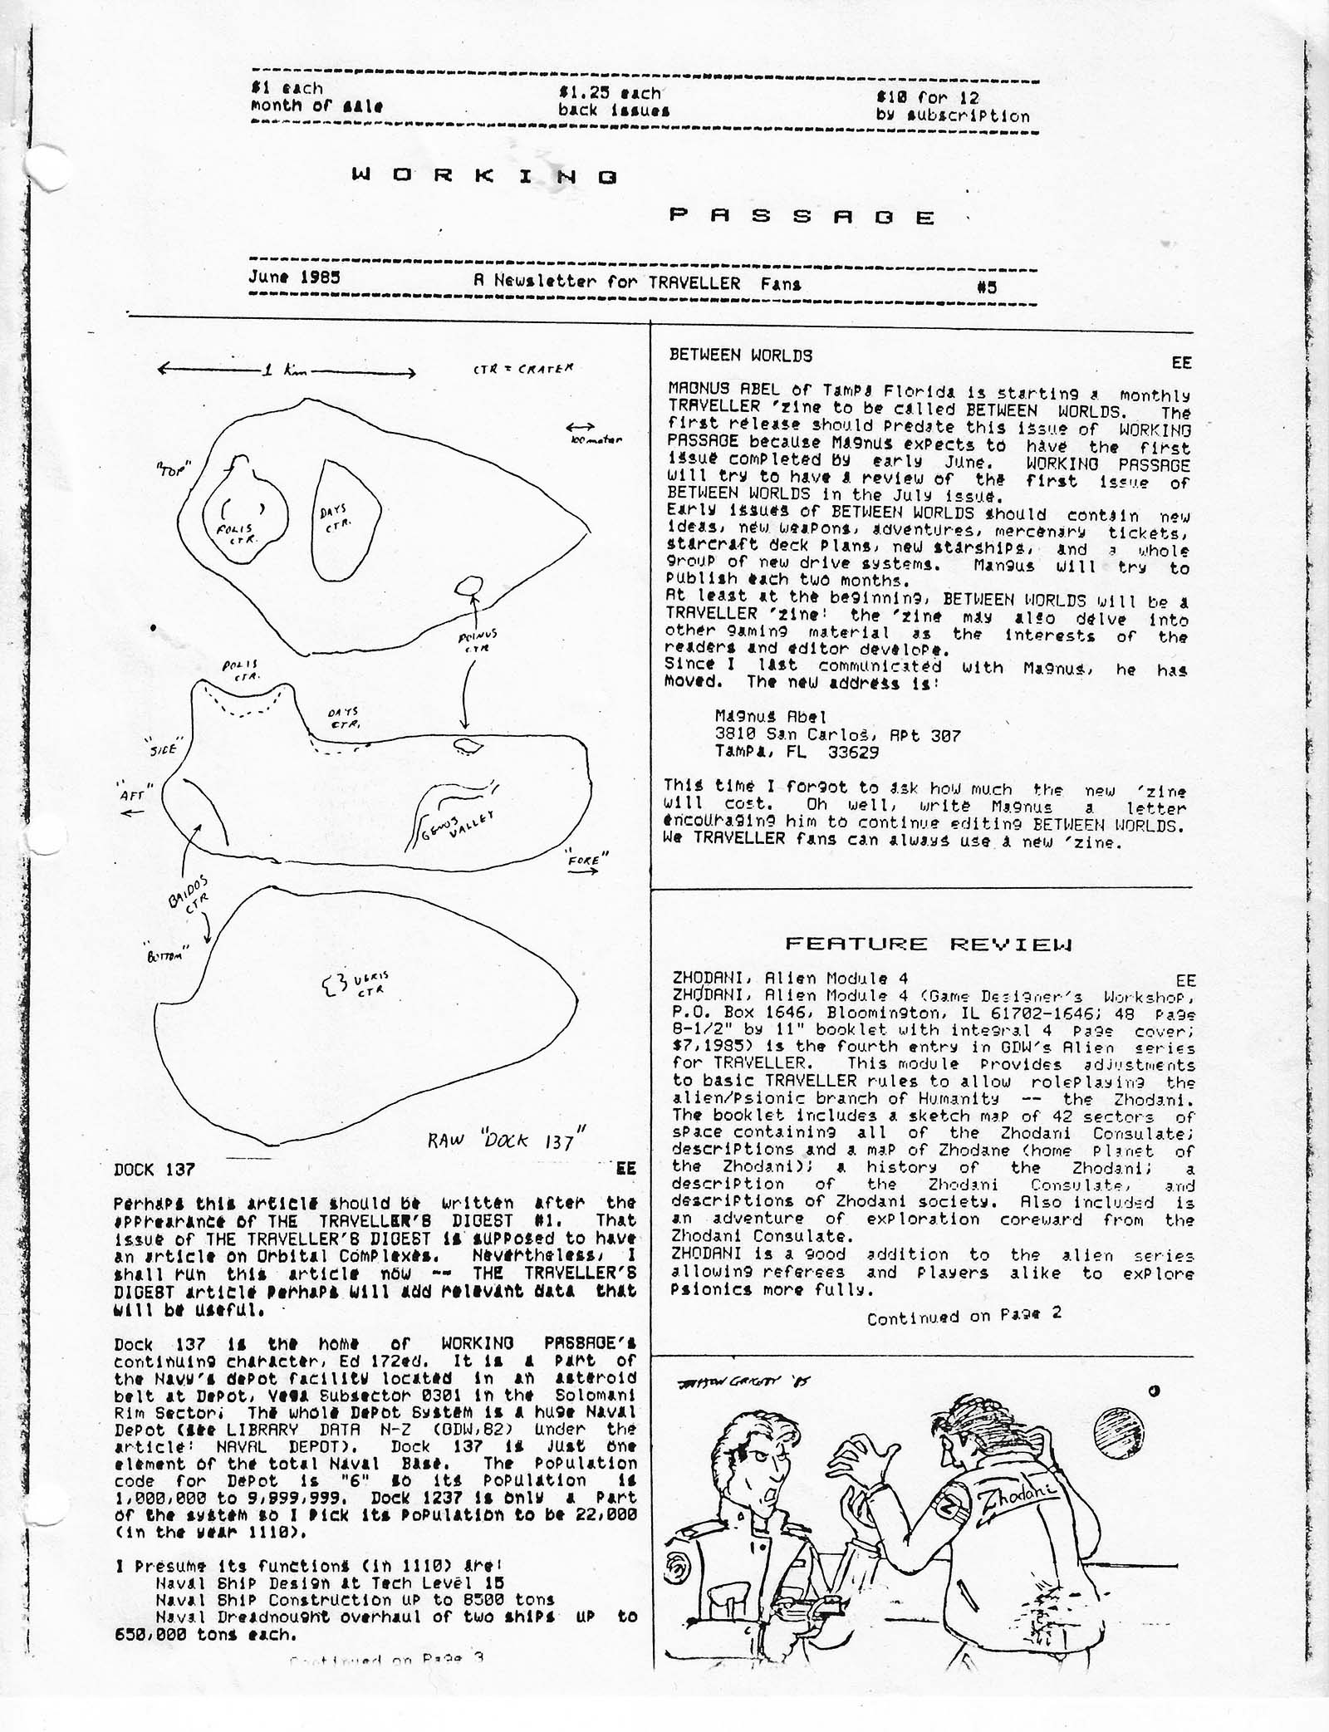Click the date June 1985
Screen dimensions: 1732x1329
pos(294,277)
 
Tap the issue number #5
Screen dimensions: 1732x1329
pos(987,287)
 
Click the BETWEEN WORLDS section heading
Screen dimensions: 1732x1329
pos(740,356)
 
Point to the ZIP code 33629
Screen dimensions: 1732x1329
pos(853,753)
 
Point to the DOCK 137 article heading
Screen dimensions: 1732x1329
pos(154,1170)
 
